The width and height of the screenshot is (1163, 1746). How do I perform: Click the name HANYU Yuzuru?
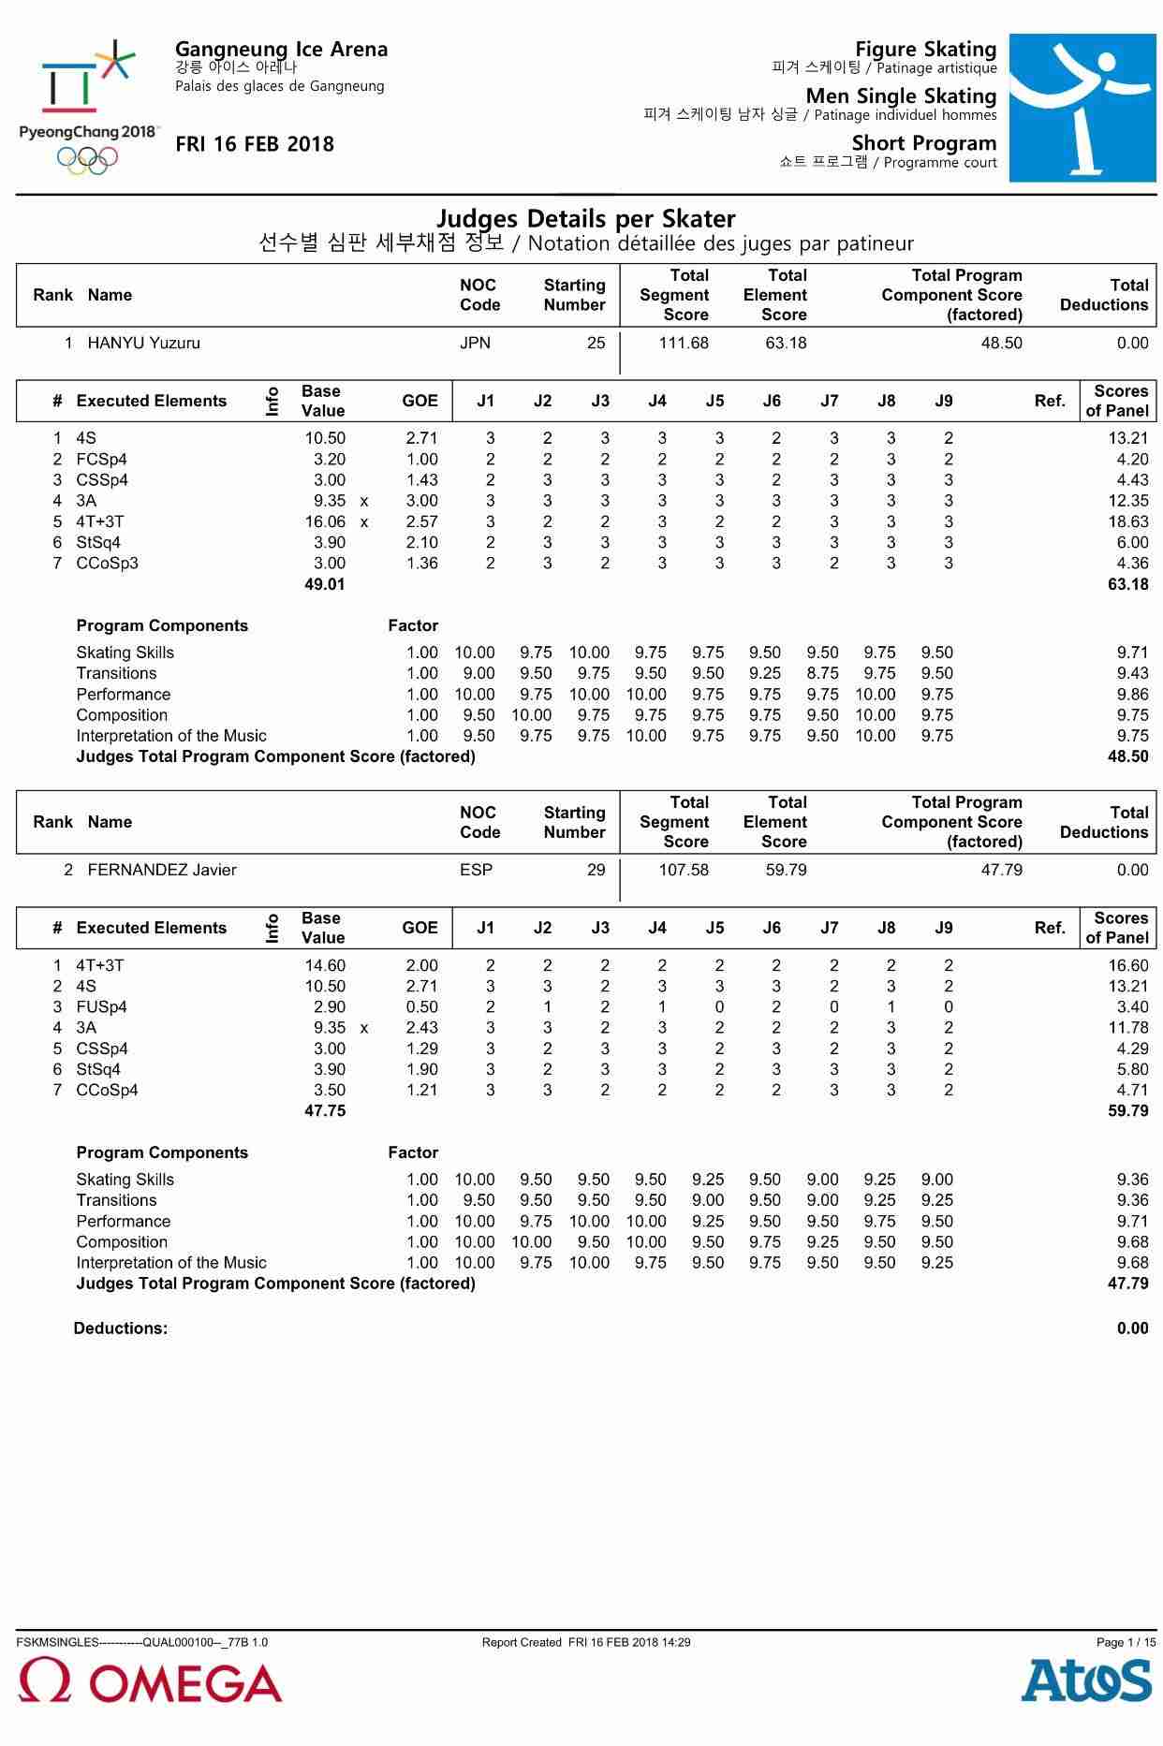143,343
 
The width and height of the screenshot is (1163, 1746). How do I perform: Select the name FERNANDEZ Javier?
161,870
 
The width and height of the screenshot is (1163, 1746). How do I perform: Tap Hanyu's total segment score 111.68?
684,343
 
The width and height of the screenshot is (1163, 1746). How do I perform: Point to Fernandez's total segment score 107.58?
684,870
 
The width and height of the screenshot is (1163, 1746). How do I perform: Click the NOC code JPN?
475,343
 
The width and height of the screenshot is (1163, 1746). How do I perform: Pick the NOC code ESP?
476,870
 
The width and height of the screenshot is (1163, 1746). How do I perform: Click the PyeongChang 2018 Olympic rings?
88,160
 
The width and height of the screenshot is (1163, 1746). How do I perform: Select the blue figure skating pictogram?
1082,108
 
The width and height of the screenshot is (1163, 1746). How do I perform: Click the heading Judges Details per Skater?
586,218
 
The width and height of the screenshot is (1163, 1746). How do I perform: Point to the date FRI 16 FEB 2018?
255,144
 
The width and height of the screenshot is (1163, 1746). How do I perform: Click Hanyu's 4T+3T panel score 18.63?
1127,521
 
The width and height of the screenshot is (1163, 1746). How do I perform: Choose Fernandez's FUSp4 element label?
101,1006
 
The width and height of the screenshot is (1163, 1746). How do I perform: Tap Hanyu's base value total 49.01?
325,584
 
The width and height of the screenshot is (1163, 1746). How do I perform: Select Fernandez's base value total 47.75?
325,1110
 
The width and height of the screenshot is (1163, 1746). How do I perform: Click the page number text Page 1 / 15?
1126,1642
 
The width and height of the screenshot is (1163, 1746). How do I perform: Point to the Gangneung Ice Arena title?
281,49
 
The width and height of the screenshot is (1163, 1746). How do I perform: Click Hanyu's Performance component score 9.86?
1132,694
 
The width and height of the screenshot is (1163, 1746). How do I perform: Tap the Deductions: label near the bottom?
121,1328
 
